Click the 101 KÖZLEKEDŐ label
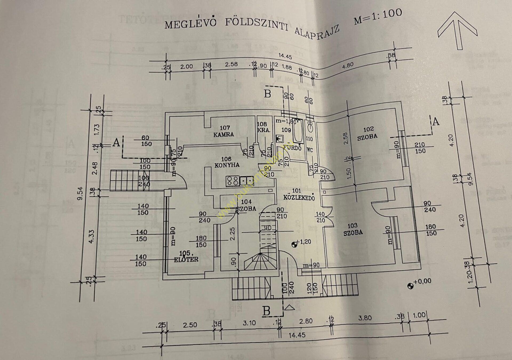coord(299,195)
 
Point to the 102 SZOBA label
coord(368,133)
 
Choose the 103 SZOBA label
coord(353,229)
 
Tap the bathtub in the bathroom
coord(298,131)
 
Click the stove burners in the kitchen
coord(232,181)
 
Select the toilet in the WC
coord(310,127)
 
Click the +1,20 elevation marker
coord(294,244)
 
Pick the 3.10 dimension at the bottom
coord(249,323)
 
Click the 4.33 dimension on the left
coord(91,237)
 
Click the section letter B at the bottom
coord(266,311)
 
